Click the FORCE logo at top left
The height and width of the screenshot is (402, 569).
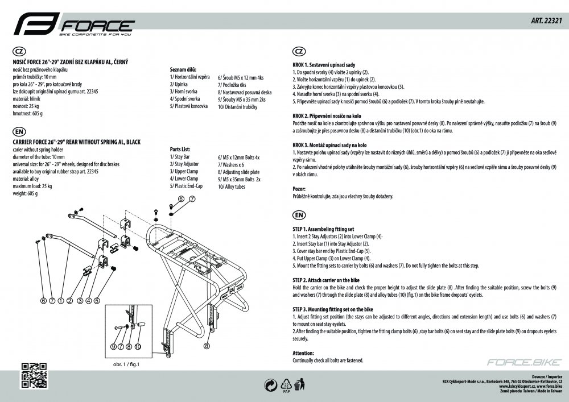[73, 26]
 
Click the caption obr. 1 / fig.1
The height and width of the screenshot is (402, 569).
[123, 365]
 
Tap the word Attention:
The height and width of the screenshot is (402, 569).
[303, 353]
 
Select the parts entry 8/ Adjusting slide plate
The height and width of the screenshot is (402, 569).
[238, 172]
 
